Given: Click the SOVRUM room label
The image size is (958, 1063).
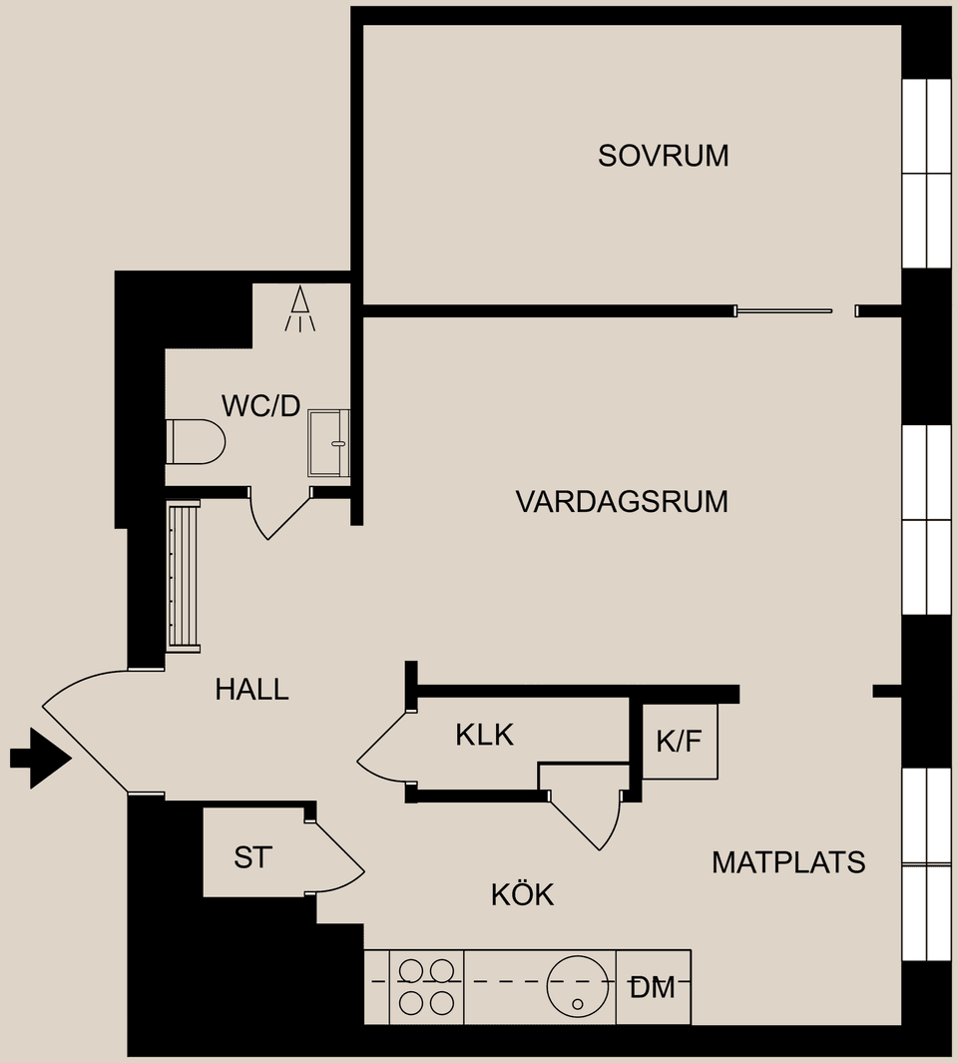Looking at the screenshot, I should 663,156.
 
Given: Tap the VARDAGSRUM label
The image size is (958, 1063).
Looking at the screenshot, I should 621,501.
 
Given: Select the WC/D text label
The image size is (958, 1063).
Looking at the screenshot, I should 260,406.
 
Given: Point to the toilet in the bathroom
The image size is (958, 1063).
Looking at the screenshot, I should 195,441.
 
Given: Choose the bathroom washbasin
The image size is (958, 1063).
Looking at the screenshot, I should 329,442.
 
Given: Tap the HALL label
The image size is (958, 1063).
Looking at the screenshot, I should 251,689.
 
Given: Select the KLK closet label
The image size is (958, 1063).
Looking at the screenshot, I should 484,736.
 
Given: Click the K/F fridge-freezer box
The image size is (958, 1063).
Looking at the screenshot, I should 680,742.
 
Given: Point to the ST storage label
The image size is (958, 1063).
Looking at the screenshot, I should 251,857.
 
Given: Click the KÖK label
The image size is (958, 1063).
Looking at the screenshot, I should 522,894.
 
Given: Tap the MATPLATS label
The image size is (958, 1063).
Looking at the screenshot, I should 787,862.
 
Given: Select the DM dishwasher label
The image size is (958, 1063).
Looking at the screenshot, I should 653,988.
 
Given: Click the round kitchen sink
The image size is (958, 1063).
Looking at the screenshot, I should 578,985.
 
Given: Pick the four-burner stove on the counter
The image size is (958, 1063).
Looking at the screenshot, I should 426,986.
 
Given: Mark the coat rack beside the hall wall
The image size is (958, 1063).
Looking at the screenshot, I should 184,577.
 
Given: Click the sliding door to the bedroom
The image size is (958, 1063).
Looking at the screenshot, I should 783,311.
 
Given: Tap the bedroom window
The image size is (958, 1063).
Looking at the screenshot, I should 926,173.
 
